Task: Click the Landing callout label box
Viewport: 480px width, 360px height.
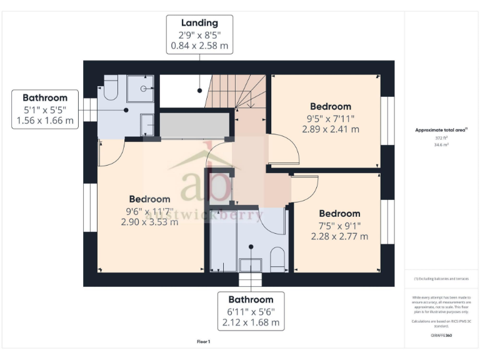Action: [199, 34]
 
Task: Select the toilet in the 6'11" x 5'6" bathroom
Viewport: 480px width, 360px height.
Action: [277, 257]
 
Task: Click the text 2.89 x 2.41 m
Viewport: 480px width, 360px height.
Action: [330, 129]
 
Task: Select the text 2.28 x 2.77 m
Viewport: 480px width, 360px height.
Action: [339, 236]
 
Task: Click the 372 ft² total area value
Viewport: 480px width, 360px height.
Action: [441, 138]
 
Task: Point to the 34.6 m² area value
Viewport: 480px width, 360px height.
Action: [441, 144]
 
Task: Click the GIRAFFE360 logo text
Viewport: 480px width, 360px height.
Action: [441, 336]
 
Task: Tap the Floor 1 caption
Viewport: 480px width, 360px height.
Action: [204, 341]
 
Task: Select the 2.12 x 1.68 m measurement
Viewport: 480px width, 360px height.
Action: [251, 323]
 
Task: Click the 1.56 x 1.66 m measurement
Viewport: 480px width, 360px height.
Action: [45, 121]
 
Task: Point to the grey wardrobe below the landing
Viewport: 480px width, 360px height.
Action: [194, 125]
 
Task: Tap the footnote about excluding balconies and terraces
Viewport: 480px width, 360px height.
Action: [441, 279]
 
